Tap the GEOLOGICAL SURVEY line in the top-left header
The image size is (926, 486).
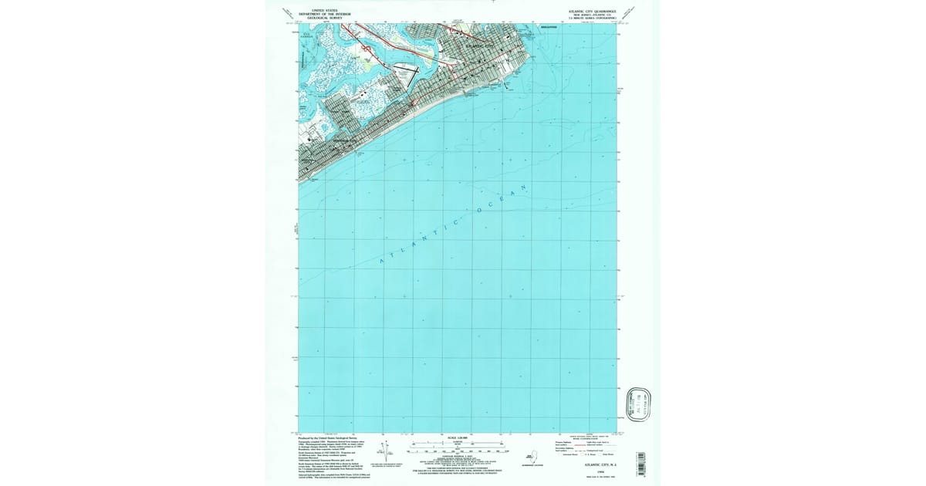click(x=325, y=18)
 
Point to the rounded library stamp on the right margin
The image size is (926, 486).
click(x=640, y=406)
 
